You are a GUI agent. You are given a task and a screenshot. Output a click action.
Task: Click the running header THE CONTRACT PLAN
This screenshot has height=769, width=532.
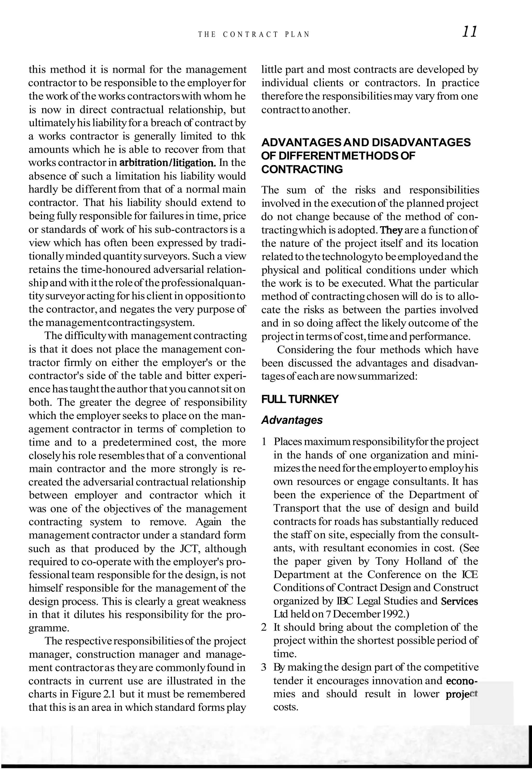[254, 34]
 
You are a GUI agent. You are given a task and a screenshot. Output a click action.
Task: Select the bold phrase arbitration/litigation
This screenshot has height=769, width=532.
[167, 163]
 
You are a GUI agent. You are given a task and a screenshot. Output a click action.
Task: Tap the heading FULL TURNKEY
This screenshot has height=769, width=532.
[300, 399]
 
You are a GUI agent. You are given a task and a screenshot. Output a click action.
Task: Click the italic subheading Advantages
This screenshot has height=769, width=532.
[292, 420]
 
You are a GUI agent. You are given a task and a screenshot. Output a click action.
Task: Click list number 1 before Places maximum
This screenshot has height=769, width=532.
[264, 442]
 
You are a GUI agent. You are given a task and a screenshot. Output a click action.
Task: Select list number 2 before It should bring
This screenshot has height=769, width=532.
[264, 627]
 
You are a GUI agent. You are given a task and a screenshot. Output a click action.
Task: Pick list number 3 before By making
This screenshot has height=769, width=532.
[264, 667]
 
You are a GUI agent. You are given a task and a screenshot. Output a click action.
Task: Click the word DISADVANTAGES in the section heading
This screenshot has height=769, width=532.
[421, 142]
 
